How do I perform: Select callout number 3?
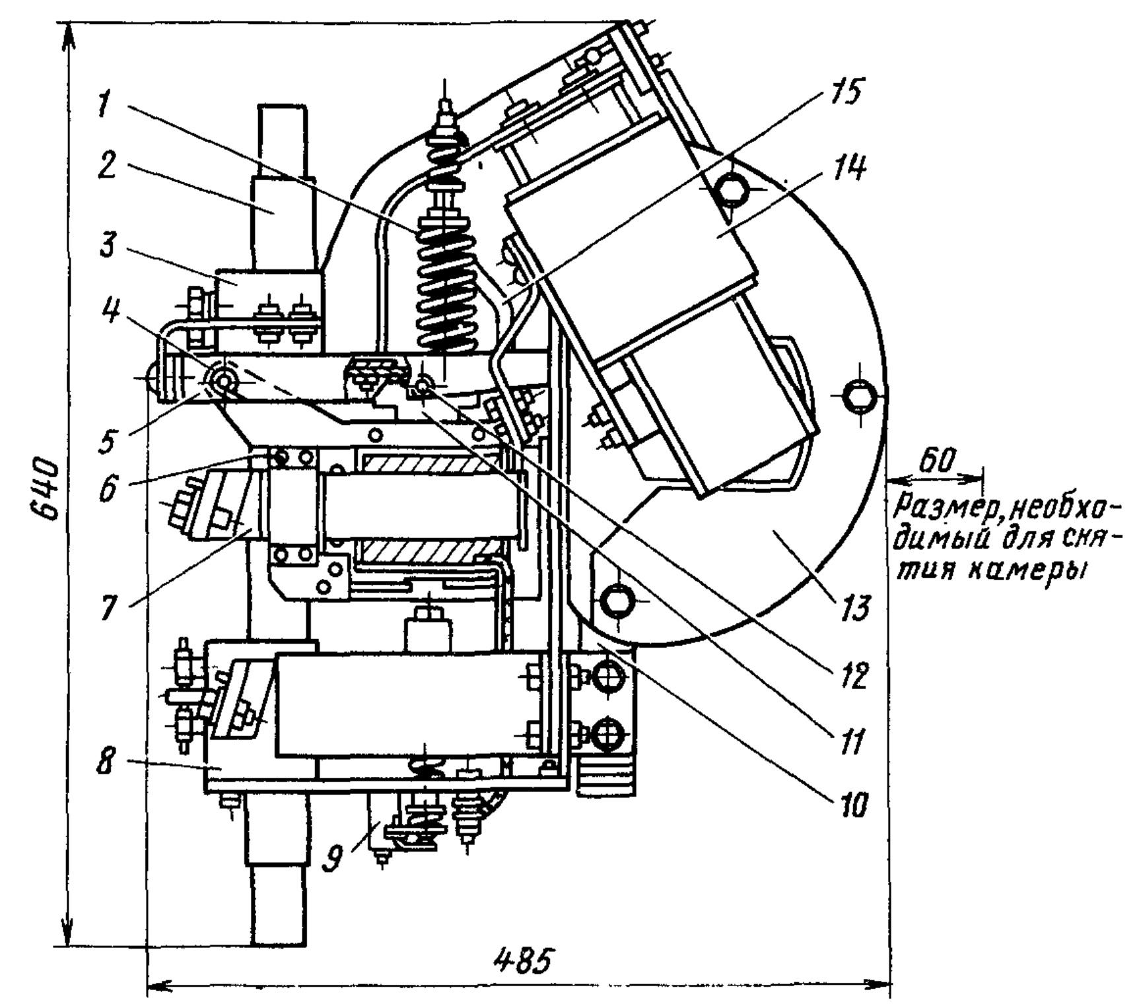(105, 246)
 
